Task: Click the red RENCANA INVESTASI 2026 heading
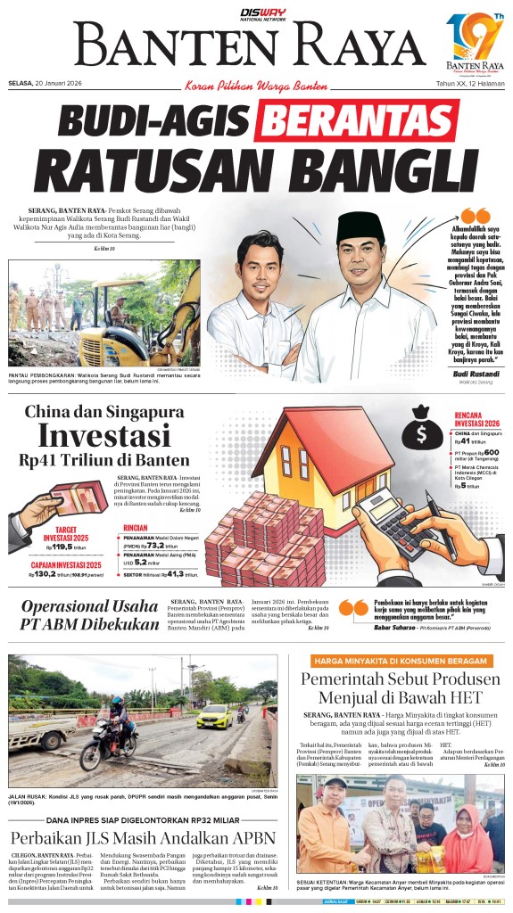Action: click(478, 419)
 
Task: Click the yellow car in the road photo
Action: click(213, 715)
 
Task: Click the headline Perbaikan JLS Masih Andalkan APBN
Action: click(143, 838)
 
